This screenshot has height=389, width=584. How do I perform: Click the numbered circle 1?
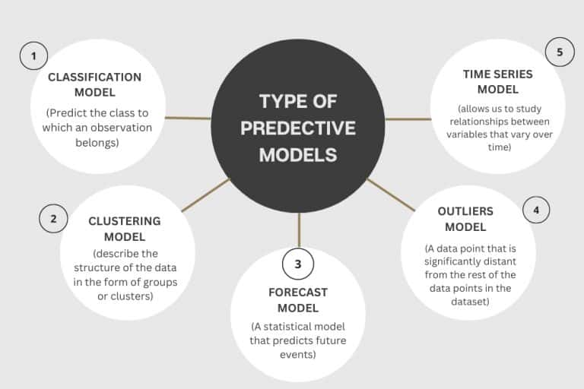33,55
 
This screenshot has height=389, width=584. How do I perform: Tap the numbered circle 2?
53,219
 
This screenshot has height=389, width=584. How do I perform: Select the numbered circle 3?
298,264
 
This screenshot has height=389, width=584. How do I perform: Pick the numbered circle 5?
560,52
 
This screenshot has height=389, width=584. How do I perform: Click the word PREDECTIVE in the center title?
298,128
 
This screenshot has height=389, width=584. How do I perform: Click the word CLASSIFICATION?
94,77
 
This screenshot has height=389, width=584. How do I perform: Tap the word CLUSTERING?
124,221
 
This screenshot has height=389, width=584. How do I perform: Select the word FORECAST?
298,292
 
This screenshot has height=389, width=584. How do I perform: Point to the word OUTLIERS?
465,210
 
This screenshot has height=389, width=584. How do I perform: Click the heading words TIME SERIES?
498,74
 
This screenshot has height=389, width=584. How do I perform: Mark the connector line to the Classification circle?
188,118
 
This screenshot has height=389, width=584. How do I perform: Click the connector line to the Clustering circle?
205,194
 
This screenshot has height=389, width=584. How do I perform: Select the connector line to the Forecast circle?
299,229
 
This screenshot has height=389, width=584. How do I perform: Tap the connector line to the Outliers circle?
391,194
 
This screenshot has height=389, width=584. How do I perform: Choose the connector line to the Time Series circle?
408,119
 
